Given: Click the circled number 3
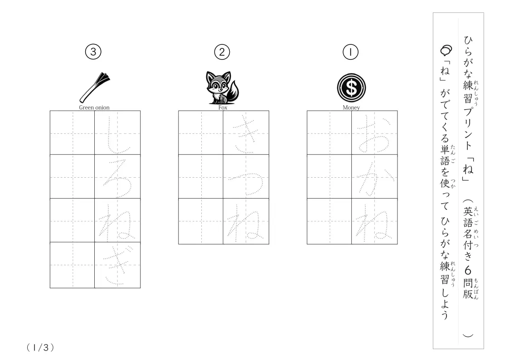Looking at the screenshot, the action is point(93,52).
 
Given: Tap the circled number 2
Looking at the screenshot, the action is point(222,52).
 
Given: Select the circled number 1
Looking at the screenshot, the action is point(350,52).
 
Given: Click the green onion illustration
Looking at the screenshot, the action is point(95,88).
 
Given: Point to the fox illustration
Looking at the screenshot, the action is point(223,88).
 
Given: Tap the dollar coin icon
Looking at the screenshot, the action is point(351,88).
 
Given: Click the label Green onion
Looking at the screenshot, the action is point(94,107).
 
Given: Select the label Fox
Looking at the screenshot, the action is point(223,107).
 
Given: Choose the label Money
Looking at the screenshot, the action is point(351,107).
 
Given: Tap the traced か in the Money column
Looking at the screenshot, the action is point(374,178).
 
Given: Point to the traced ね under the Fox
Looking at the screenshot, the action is point(245,224).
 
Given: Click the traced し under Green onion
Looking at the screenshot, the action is point(117,136).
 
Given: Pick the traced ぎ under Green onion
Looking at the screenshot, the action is point(117,266).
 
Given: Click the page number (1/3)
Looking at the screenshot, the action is point(40,348).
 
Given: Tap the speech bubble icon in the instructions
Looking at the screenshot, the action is point(446,50).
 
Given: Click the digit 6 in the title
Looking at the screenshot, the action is point(468,270).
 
